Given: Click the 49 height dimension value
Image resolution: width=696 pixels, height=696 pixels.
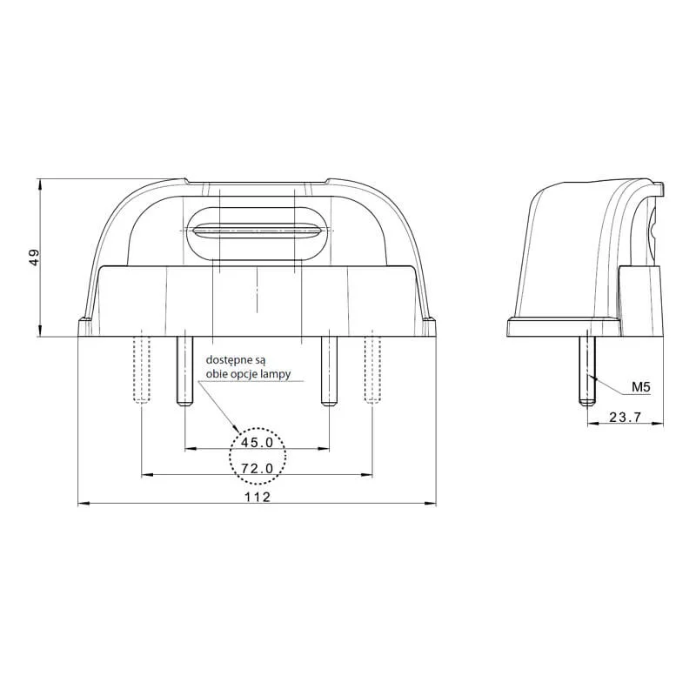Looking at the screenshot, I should point(34,258).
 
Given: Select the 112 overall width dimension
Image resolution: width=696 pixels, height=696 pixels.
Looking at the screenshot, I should point(257,497).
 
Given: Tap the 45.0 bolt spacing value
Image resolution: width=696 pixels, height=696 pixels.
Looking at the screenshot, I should point(257,443).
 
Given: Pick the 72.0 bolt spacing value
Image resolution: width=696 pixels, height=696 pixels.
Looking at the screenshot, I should point(257,468).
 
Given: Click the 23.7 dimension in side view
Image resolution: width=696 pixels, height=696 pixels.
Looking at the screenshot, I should point(625,418).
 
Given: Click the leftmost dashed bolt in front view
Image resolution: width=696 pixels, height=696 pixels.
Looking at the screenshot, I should point(141,367).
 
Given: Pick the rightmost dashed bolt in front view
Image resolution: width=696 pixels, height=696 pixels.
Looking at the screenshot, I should point(372,367).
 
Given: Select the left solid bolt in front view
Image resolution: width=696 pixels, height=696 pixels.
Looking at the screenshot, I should point(184,370).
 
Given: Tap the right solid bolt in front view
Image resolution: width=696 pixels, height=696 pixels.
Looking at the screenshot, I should point(328,370).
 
